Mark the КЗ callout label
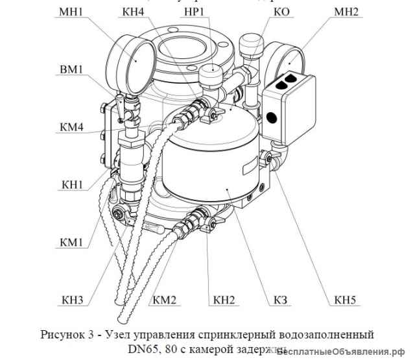point(281,302)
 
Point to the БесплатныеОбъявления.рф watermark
point(344,350)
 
